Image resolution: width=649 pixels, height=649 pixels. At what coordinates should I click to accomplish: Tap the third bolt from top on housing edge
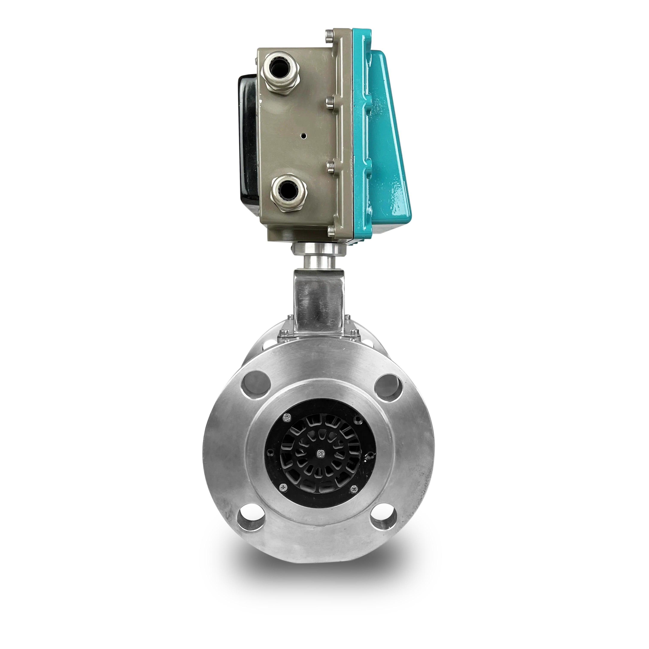click(331, 165)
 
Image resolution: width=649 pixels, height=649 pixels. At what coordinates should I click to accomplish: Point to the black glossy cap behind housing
click(248, 134)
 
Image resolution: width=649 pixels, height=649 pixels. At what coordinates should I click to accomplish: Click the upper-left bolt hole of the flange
click(257, 384)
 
